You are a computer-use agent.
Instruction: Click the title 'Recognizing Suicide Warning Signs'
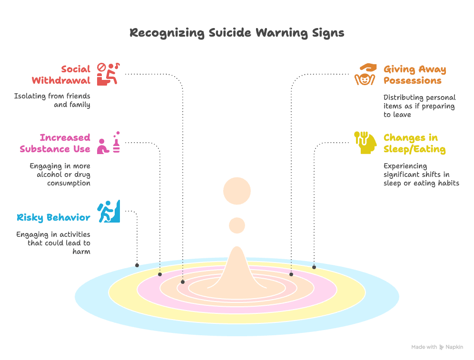[237, 33]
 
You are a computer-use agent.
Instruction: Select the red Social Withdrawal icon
[108, 74]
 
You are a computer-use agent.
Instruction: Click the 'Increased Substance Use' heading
[55, 143]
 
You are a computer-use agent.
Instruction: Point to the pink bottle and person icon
[109, 143]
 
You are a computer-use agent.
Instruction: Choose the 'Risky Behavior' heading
[53, 218]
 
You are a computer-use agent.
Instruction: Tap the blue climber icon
[109, 211]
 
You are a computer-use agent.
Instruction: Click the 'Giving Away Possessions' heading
[415, 75]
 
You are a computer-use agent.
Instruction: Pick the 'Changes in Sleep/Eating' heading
[415, 143]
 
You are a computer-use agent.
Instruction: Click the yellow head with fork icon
[365, 142]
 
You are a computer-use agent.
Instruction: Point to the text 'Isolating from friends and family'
[52, 100]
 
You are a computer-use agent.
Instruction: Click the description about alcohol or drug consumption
[60, 175]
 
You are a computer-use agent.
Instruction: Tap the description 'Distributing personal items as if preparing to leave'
[419, 106]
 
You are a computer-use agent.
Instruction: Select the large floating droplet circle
[237, 191]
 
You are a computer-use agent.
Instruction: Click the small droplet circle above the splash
[237, 225]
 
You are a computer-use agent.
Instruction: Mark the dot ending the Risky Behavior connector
[137, 265]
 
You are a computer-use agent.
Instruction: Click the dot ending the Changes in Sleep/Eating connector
[314, 267]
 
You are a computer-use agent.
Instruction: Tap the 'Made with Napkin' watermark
[437, 347]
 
